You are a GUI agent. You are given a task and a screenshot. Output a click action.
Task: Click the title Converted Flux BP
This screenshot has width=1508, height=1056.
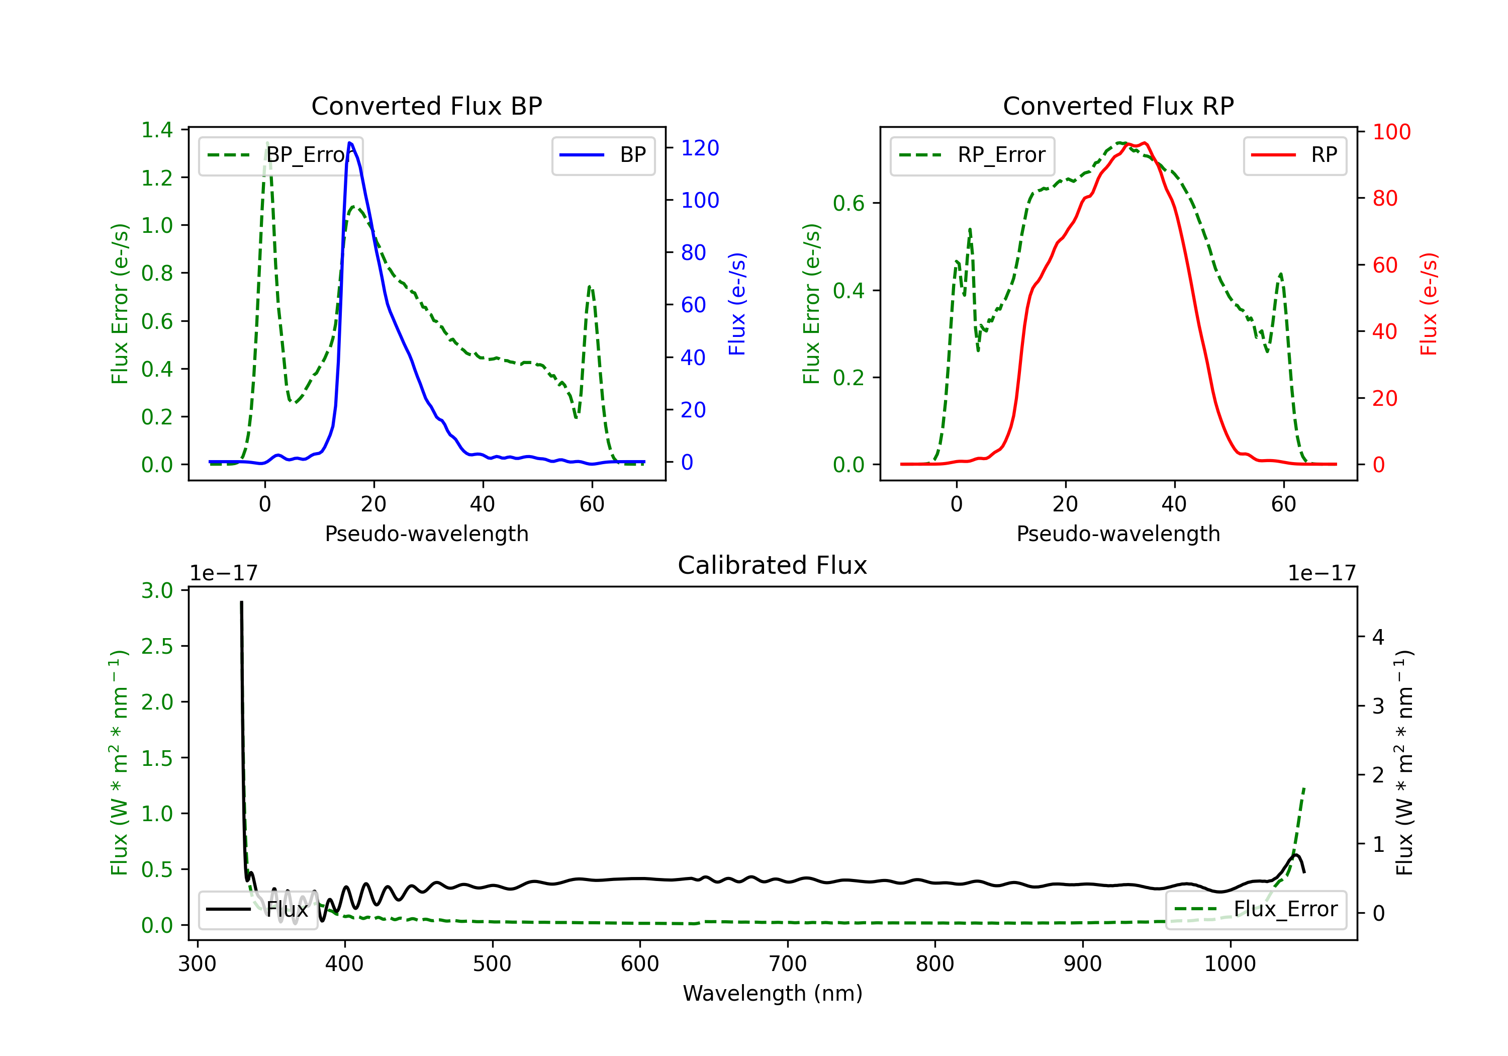point(426,106)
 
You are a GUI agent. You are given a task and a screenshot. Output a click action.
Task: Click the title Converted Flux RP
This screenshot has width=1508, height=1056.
point(1118,106)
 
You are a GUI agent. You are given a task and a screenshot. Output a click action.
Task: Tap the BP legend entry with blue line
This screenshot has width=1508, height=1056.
point(603,155)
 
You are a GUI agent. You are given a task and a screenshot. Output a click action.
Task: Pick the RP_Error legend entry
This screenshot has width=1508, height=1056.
point(972,155)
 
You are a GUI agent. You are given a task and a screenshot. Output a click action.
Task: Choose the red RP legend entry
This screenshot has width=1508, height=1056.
point(1294,155)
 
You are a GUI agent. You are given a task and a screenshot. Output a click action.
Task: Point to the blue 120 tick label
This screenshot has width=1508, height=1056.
point(700,148)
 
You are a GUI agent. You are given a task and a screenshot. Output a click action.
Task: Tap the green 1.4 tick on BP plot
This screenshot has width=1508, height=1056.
point(157,129)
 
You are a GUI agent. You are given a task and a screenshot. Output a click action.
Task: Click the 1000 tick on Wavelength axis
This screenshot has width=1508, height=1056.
point(1230,963)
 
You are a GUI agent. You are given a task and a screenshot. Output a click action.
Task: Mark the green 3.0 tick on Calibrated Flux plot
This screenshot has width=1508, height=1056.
point(157,590)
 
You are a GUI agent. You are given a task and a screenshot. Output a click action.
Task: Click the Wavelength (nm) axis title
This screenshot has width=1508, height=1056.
point(773,993)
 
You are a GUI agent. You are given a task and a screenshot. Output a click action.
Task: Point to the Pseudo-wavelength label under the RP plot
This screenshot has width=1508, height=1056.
point(1118,534)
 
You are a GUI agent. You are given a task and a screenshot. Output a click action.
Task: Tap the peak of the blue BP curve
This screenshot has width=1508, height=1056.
point(350,143)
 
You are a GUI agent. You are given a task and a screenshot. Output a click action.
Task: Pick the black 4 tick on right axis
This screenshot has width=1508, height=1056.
point(1378,637)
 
